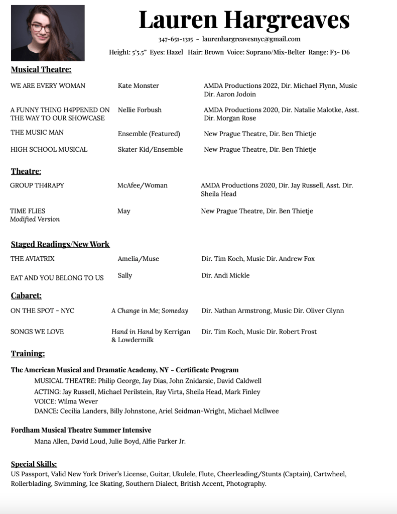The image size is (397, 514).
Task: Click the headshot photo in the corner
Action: click(x=48, y=33)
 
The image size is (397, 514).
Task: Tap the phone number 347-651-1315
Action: click(x=176, y=39)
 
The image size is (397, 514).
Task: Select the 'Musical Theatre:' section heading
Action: click(x=41, y=69)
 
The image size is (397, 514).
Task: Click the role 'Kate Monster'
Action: click(x=138, y=86)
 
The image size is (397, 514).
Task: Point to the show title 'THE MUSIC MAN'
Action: click(x=37, y=133)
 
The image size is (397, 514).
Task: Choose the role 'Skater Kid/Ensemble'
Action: click(x=150, y=149)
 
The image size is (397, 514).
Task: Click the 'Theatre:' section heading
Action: click(x=26, y=171)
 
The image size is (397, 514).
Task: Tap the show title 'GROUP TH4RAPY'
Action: click(x=37, y=185)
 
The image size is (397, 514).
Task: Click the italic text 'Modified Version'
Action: click(x=35, y=220)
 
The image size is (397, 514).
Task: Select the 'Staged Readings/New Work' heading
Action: click(x=60, y=244)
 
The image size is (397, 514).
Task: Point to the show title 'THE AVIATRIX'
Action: click(x=33, y=259)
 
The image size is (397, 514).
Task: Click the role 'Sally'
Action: click(x=125, y=275)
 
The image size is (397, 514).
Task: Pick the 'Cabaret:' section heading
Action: click(x=26, y=295)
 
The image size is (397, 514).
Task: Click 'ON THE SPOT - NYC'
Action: click(x=42, y=311)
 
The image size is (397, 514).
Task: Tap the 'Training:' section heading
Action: click(x=28, y=354)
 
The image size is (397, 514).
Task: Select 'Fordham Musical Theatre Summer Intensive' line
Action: click(x=81, y=430)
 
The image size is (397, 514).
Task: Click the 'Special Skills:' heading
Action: click(x=34, y=464)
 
